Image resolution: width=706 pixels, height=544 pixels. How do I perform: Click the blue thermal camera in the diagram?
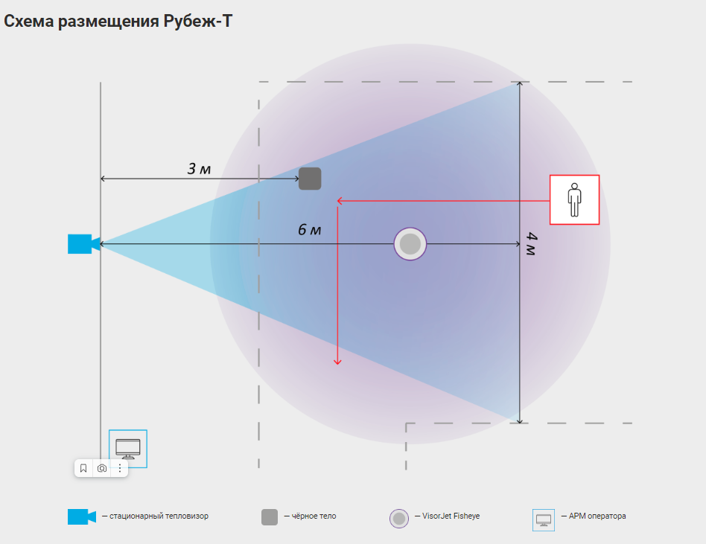click(x=79, y=244)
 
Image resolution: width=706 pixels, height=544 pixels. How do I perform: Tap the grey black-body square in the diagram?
click(x=310, y=179)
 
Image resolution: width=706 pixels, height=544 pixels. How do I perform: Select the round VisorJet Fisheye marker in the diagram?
click(x=410, y=243)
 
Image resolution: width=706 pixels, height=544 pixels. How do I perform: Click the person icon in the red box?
click(x=574, y=199)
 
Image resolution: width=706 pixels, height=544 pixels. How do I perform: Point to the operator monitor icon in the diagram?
click(x=128, y=448)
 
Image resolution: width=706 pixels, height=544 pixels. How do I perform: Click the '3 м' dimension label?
click(x=199, y=169)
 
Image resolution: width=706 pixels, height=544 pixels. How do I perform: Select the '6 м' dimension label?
click(x=309, y=230)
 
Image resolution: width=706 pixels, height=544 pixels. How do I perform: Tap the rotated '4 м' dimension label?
click(x=531, y=244)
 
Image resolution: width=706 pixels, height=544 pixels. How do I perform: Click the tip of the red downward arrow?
click(x=337, y=362)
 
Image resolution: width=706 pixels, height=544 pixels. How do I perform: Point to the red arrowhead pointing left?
click(x=340, y=200)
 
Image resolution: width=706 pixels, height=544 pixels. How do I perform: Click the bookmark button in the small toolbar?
click(x=83, y=468)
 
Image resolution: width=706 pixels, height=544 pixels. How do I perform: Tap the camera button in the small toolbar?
click(x=102, y=468)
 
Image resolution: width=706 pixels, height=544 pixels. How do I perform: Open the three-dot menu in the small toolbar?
click(x=120, y=468)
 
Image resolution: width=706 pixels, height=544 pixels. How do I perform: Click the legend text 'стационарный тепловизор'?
click(x=159, y=516)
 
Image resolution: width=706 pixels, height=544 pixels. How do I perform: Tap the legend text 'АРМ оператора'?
click(x=597, y=516)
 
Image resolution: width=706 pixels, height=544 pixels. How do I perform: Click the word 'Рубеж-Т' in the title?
click(x=197, y=21)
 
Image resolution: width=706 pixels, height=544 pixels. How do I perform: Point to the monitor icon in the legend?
click(x=544, y=519)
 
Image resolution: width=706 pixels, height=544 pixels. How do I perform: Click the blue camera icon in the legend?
click(x=81, y=516)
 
